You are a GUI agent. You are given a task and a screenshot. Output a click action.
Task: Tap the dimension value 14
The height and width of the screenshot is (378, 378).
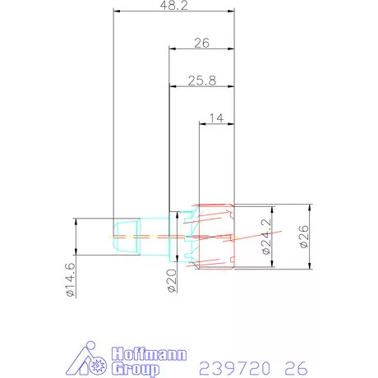point(217,118)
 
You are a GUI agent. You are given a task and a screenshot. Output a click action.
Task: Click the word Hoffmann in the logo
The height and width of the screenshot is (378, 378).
point(149,353)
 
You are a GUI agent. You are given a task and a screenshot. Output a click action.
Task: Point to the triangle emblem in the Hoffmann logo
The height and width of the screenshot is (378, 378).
point(85,360)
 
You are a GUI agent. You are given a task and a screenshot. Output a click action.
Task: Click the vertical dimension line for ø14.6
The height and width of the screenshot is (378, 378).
point(76,247)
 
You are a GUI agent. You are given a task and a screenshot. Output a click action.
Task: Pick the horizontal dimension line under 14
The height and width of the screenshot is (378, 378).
point(217,125)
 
